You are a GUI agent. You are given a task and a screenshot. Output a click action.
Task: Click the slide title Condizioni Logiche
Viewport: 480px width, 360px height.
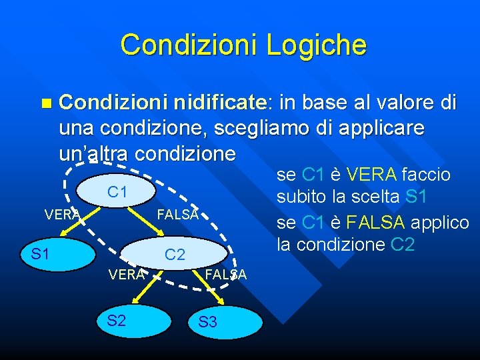243,45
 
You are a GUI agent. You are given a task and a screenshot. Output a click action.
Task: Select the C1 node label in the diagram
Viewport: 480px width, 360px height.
117,192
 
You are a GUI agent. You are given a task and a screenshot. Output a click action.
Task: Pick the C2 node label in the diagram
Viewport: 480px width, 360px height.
175,254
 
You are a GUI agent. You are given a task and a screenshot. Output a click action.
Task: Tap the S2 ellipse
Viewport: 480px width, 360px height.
117,320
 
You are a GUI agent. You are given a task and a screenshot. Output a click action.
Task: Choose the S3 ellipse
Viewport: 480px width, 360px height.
208,323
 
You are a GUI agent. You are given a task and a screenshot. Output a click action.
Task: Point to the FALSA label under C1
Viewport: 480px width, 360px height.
177,214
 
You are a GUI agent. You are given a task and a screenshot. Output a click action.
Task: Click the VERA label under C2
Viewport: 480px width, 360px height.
127,274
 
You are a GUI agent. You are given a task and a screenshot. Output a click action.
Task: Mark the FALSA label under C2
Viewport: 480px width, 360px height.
225,274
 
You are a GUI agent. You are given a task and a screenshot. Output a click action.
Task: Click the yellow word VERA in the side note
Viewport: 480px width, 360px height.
369,175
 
